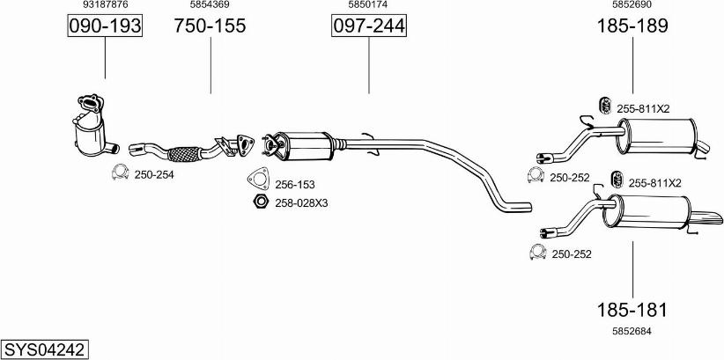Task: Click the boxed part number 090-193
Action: point(105,26)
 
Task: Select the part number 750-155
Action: point(211,26)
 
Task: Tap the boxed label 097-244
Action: point(369,26)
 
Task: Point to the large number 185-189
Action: point(632,26)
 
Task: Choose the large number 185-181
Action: point(632,310)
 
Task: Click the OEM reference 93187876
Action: point(106,4)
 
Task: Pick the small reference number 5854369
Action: point(211,4)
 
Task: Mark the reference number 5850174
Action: point(368,4)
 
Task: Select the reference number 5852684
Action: point(632,331)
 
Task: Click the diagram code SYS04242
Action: point(45,349)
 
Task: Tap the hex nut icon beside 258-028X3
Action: point(261,202)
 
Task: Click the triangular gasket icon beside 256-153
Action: point(259,179)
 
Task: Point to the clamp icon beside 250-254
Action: point(120,173)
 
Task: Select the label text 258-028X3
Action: point(301,202)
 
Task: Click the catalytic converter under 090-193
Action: point(93,126)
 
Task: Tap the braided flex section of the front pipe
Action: point(184,154)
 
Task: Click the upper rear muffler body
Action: point(656,136)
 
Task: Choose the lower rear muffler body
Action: point(647,211)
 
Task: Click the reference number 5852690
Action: point(632,4)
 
